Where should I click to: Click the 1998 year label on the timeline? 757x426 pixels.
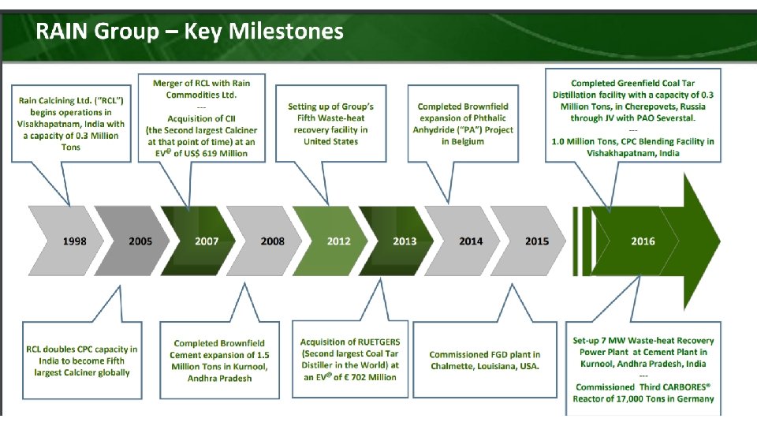(75, 241)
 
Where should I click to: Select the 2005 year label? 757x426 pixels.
(140, 241)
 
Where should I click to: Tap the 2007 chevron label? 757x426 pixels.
(207, 241)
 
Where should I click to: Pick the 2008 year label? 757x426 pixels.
(272, 241)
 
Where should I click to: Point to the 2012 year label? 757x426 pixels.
(338, 241)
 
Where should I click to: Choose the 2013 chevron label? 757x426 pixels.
(405, 241)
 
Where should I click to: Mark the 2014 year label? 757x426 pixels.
(471, 241)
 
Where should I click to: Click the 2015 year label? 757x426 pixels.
(537, 241)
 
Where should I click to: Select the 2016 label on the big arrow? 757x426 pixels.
(643, 241)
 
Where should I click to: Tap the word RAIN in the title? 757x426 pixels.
(62, 32)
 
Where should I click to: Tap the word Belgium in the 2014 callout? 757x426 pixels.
(468, 142)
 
